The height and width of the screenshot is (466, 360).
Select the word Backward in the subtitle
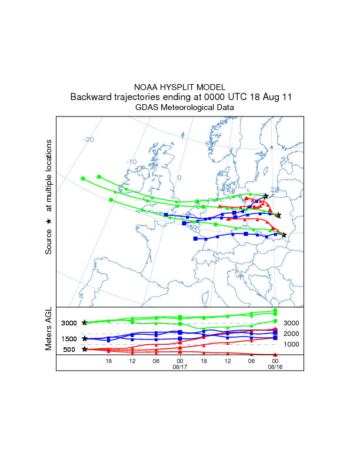click(x=92, y=97)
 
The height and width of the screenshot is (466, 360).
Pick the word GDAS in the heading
click(x=147, y=108)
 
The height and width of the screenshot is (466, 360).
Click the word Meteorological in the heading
click(x=191, y=108)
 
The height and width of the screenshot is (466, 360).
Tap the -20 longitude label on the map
click(x=89, y=139)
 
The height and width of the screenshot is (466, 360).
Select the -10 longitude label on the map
click(x=132, y=162)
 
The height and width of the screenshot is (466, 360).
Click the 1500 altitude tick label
click(x=69, y=339)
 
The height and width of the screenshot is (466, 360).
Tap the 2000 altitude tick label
click(x=292, y=334)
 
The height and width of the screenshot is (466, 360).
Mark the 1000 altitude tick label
click(x=292, y=344)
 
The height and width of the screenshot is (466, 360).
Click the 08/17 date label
click(x=179, y=367)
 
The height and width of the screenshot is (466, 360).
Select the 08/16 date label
click(x=275, y=367)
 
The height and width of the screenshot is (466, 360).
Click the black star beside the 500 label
click(x=85, y=349)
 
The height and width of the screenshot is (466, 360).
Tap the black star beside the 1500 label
click(x=85, y=339)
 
